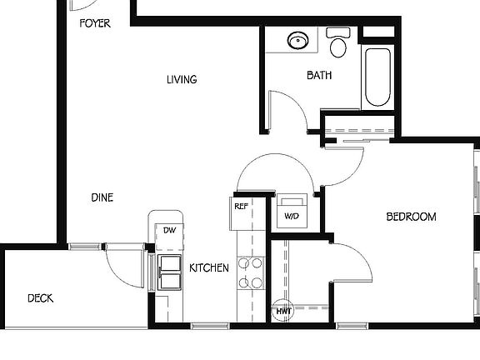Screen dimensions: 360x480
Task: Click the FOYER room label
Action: [94, 23]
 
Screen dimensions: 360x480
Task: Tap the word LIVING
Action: [181, 80]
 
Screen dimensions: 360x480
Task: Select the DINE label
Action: [102, 197]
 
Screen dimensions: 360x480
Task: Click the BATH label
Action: [319, 75]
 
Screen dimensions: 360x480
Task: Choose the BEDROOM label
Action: [411, 217]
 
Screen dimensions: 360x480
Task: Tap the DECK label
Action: [41, 297]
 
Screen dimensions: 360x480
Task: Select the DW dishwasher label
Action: [168, 230]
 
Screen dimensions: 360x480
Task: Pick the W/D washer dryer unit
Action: [292, 213]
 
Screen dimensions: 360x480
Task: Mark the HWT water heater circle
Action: [283, 311]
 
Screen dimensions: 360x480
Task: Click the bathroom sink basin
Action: [297, 39]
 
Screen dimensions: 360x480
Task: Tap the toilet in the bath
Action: [337, 43]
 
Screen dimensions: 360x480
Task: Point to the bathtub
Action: [377, 77]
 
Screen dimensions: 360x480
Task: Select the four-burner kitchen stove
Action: [251, 272]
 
